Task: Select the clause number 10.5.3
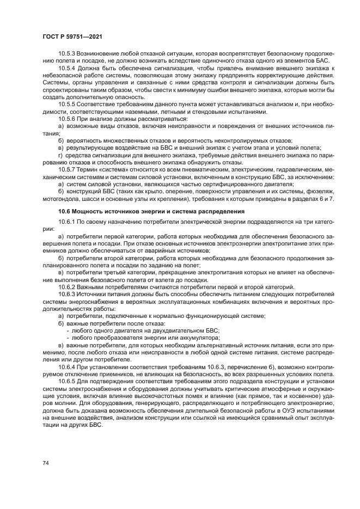(67, 54)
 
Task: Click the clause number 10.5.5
(67, 103)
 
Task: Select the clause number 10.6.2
(67, 287)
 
